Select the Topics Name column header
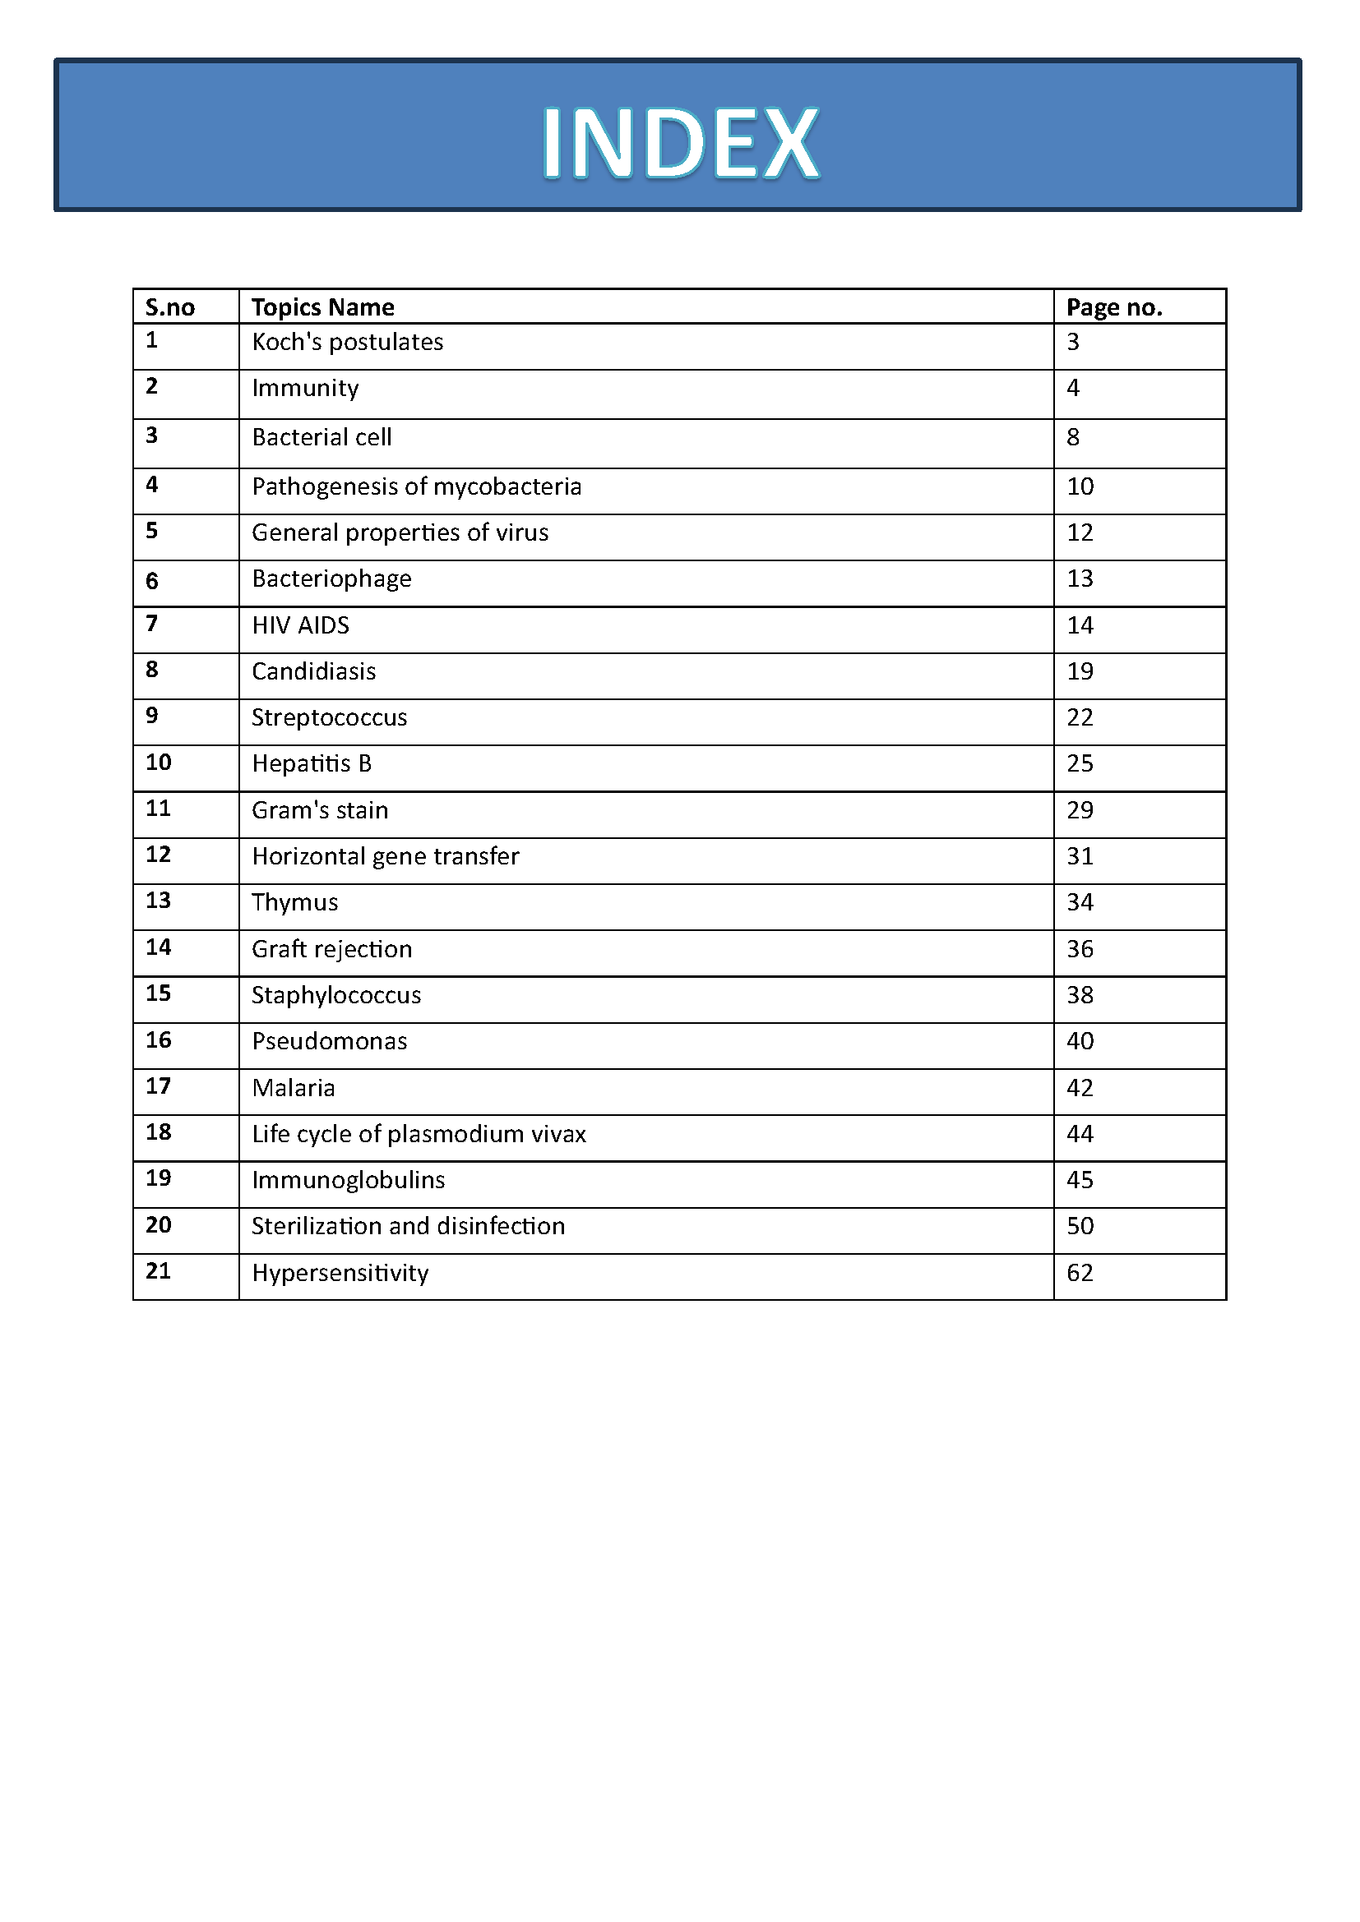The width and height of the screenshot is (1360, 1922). [x=322, y=307]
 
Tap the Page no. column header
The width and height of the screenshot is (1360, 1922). [x=1114, y=307]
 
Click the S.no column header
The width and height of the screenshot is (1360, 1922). [x=170, y=307]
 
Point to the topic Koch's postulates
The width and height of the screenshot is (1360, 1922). [x=348, y=343]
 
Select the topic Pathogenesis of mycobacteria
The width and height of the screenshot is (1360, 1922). [x=416, y=487]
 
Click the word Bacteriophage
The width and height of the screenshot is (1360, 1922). [x=331, y=579]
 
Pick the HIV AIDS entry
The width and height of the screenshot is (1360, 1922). [x=301, y=625]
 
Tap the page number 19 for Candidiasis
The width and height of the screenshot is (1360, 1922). [x=1080, y=671]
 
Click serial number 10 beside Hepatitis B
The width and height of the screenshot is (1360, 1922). [x=158, y=763]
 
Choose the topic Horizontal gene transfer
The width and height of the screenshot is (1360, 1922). [x=385, y=856]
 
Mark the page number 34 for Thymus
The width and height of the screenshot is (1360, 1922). [x=1080, y=902]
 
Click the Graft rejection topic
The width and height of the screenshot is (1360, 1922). [x=331, y=949]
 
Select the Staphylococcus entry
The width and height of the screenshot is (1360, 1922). [x=335, y=995]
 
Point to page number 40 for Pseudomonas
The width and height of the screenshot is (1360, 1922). [x=1080, y=1041]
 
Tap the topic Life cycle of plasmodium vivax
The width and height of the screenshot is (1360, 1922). [x=419, y=1134]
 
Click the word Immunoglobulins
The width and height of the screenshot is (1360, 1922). [x=349, y=1180]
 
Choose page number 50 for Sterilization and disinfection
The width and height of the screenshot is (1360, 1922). [x=1080, y=1226]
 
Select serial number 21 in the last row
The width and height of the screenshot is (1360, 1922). [x=158, y=1271]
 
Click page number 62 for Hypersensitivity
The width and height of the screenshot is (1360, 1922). [x=1080, y=1273]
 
